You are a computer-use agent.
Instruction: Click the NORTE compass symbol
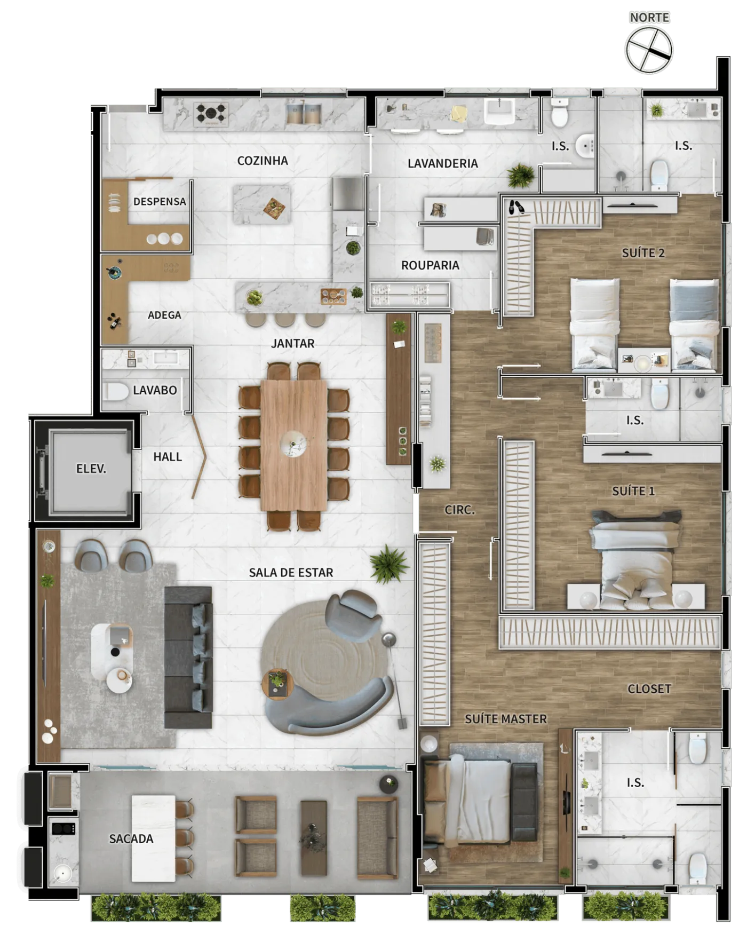tap(649, 50)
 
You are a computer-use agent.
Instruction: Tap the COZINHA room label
tap(263, 161)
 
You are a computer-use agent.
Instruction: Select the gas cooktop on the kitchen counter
tap(211, 113)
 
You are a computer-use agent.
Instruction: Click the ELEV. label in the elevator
tap(91, 469)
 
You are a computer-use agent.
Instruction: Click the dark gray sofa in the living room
tap(188, 657)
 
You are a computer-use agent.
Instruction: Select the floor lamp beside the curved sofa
tap(395, 678)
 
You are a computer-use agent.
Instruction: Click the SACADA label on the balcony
tap(131, 838)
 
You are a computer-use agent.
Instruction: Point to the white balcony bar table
tap(154, 838)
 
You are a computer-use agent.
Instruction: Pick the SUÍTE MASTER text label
tap(506, 719)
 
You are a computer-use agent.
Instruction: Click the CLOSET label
tap(649, 688)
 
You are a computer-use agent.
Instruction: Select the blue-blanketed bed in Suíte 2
tap(694, 324)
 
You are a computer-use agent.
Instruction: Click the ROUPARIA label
tap(430, 265)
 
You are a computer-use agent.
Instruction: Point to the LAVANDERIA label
tap(443, 163)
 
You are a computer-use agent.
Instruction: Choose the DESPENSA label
tap(160, 202)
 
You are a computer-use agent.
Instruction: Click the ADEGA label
tap(164, 315)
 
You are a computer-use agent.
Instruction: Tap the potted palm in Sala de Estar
tap(389, 564)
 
